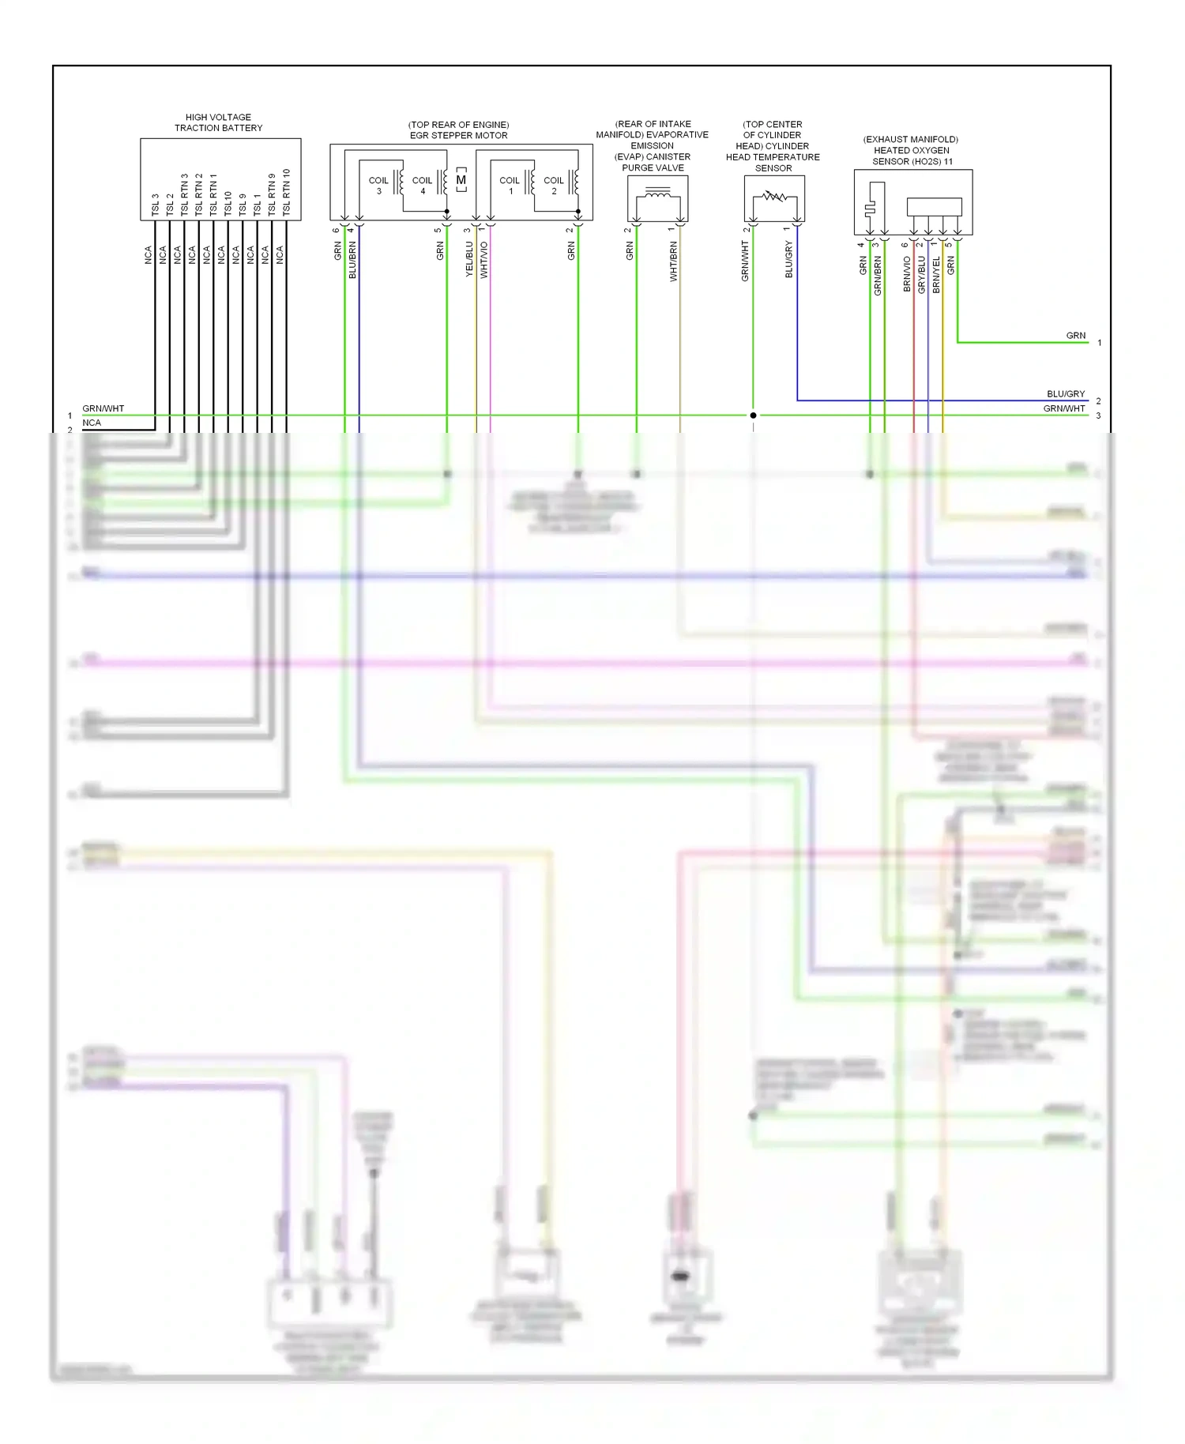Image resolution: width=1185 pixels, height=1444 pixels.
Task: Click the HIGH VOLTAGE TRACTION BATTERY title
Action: pyautogui.click(x=218, y=122)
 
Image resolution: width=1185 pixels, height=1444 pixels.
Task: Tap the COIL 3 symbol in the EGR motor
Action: pyautogui.click(x=379, y=184)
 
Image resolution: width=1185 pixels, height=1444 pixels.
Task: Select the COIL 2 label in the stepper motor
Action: pyautogui.click(x=554, y=184)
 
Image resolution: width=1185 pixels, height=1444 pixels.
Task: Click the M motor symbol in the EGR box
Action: pyautogui.click(x=461, y=180)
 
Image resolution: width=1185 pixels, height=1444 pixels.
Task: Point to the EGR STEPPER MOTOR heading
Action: pyautogui.click(x=458, y=135)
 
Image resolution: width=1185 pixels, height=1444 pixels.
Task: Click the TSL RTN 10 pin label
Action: pyautogui.click(x=286, y=193)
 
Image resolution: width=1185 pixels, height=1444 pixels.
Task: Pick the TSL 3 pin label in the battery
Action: pyautogui.click(x=156, y=205)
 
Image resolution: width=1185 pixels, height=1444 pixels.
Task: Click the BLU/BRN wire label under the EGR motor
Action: pyautogui.click(x=352, y=260)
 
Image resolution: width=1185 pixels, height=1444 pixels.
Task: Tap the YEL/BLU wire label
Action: pyautogui.click(x=469, y=259)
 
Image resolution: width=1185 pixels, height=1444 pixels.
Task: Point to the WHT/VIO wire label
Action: pyautogui.click(x=484, y=260)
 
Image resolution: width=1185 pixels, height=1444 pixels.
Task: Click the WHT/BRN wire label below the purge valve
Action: pyautogui.click(x=674, y=262)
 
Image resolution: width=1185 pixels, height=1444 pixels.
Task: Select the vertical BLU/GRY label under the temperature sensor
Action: pyautogui.click(x=788, y=260)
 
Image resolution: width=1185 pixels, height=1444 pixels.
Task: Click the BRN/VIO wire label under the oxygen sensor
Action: pyautogui.click(x=907, y=274)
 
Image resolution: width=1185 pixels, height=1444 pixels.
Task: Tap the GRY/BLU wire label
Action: pyautogui.click(x=921, y=274)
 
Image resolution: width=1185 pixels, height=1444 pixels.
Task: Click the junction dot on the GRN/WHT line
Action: pyautogui.click(x=753, y=415)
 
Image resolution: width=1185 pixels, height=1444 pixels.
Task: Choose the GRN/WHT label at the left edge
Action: pyautogui.click(x=103, y=408)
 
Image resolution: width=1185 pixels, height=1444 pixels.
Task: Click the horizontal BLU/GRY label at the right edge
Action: pyautogui.click(x=1066, y=393)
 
